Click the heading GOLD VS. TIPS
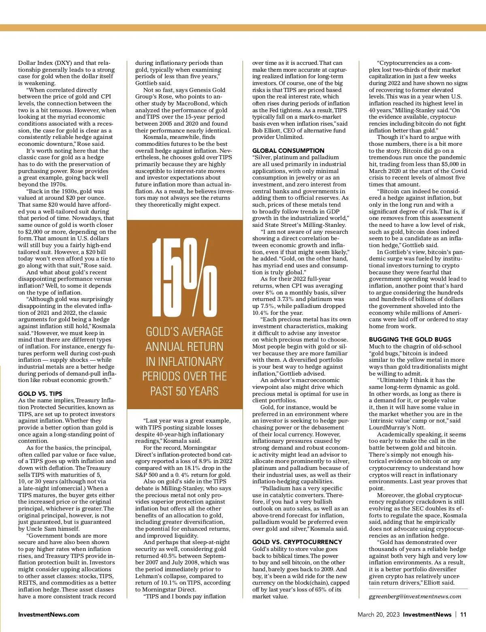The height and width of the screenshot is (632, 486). click(40, 393)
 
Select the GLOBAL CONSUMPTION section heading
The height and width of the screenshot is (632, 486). click(288, 150)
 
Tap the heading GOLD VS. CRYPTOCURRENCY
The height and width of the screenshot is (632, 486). click(297, 542)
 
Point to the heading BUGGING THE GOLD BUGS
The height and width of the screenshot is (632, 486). click(410, 339)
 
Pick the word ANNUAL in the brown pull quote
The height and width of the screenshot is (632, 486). click(184, 347)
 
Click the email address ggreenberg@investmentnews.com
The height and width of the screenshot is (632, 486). click(415, 596)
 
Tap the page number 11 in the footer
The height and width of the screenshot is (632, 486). click(463, 615)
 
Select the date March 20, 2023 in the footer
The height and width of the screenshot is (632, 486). click(378, 615)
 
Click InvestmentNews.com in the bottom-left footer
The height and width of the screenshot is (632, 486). click(49, 615)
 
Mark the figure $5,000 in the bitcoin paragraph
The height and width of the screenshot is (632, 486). click(448, 164)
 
